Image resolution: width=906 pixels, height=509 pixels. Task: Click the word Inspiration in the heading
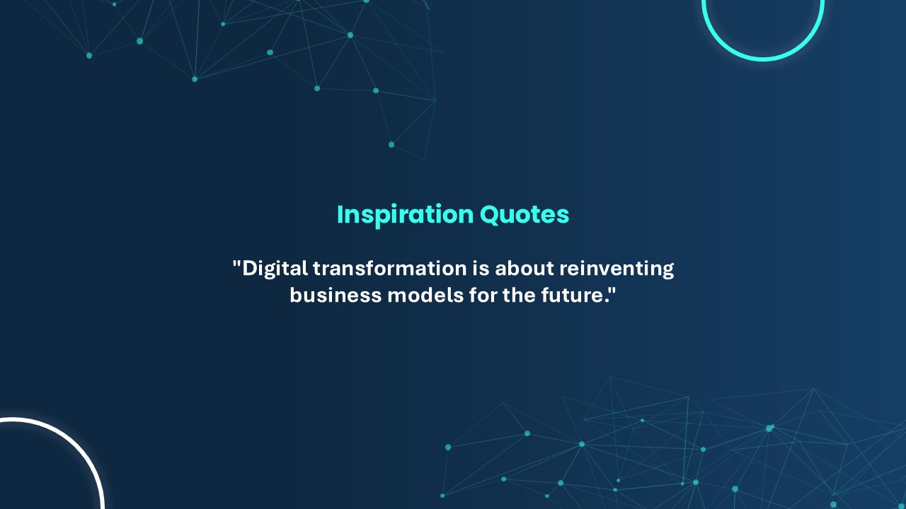(x=405, y=216)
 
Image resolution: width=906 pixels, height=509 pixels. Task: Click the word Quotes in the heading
(x=524, y=214)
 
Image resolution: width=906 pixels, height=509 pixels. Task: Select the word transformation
(x=390, y=268)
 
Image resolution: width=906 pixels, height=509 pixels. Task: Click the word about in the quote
(x=524, y=268)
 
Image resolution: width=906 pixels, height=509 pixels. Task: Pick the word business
(x=336, y=295)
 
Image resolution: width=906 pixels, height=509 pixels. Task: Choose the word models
(x=425, y=295)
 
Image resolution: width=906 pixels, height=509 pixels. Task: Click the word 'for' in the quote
(x=483, y=295)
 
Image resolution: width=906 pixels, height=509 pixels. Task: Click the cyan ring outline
(x=763, y=59)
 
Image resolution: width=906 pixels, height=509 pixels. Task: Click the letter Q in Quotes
(x=491, y=215)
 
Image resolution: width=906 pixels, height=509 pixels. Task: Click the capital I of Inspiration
(x=340, y=214)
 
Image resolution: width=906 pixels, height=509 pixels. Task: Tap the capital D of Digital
(x=250, y=269)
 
